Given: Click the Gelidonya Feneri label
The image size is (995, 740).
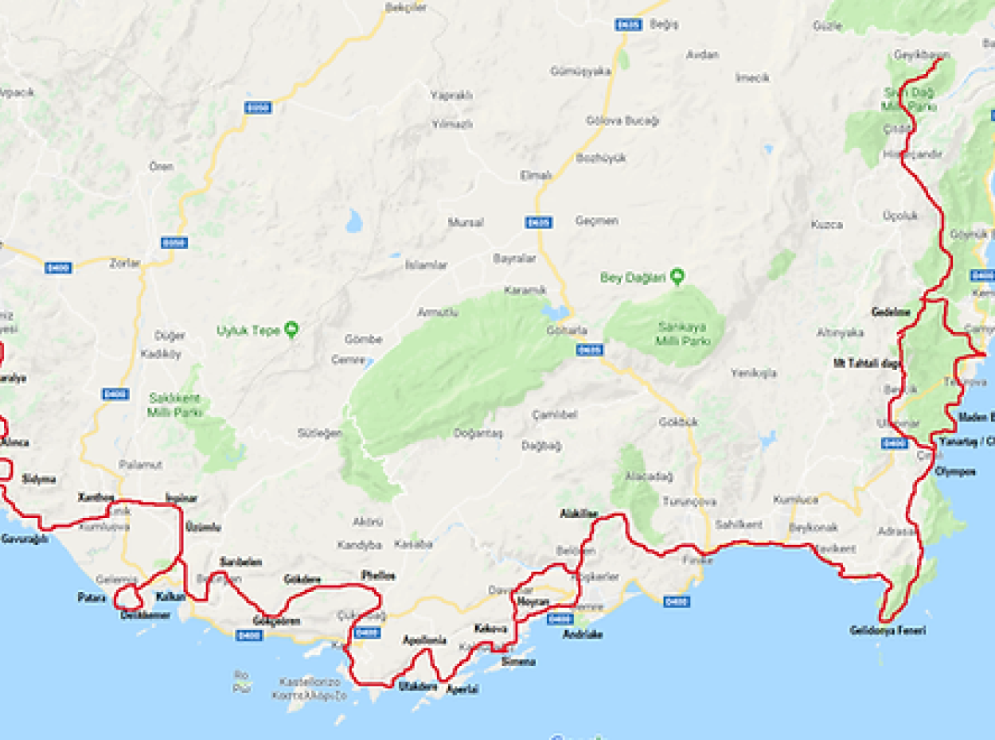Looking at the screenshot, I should pos(888,631).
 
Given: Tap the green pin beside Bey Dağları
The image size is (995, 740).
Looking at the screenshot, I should pos(677,277).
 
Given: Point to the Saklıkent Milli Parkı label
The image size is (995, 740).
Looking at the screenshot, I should pos(174,405).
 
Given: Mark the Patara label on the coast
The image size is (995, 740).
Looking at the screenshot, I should pos(92,597).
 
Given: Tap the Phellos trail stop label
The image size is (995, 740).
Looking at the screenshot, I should pos(377,575).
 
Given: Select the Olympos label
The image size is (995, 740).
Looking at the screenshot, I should pos(956,471).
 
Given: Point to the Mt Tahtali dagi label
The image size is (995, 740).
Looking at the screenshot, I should pos(868,364).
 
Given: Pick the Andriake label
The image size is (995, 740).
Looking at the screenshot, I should pos(582,634).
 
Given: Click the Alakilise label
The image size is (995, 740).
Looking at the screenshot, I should pos(579,514).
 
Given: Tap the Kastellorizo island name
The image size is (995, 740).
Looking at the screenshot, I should pos(310,682).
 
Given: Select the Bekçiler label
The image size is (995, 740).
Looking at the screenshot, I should pos(406,7).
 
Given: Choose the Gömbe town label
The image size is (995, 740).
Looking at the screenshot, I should pos(363,339).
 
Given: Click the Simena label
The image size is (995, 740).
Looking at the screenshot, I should pos(518,661).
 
